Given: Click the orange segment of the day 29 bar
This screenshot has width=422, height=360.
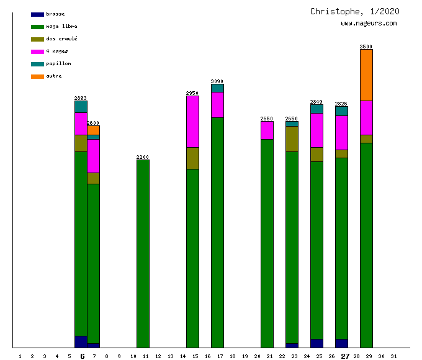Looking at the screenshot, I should [x=366, y=74].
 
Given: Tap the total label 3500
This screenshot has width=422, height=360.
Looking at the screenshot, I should [x=366, y=47].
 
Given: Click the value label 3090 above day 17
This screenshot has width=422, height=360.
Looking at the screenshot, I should [x=217, y=81].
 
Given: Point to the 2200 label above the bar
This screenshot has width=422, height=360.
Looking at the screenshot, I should [x=143, y=157].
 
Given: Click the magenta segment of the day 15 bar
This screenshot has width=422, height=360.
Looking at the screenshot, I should [x=192, y=122].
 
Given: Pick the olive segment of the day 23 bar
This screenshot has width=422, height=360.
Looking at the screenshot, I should [x=292, y=138].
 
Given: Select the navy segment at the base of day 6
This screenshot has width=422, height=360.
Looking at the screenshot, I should [x=81, y=341].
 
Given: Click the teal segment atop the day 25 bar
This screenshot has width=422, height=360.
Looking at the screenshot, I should [x=316, y=109].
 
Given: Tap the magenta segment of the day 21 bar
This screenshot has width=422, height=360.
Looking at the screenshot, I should [x=267, y=130].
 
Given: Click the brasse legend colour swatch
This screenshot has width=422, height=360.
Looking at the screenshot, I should [x=37, y=14].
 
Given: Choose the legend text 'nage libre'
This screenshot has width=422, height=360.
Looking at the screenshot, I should [x=61, y=27].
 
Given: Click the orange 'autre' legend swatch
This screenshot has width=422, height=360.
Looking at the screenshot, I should [x=37, y=76].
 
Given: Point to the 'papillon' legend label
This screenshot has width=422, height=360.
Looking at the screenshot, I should [x=58, y=64].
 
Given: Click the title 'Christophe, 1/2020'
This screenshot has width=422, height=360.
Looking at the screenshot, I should [x=354, y=11].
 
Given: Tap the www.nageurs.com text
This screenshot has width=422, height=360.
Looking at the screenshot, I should [x=369, y=24].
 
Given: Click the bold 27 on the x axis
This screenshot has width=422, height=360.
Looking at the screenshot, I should [x=345, y=356].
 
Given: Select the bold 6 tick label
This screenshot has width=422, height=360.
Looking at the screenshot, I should [x=82, y=356].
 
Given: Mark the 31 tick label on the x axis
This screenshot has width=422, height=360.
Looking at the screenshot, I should [x=393, y=356].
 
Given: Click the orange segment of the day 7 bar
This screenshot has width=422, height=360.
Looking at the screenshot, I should [x=93, y=130].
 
